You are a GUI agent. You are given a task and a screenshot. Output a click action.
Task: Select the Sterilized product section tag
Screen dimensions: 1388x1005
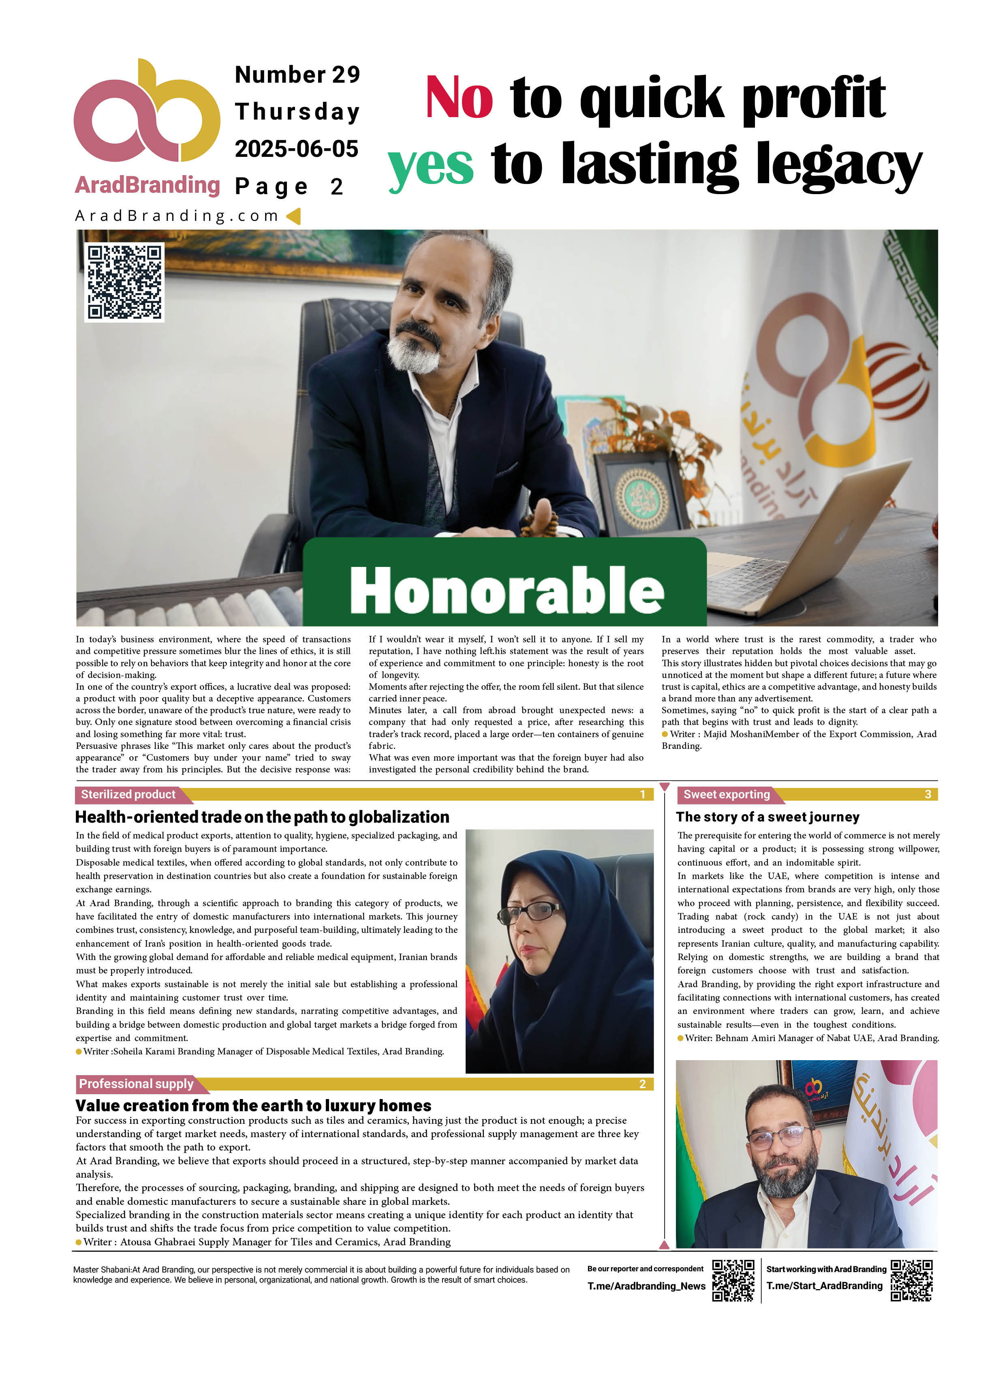128,794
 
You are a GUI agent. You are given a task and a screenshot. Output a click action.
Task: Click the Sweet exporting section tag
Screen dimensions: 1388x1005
727,794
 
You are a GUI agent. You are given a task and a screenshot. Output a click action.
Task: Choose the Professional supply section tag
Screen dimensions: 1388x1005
137,1084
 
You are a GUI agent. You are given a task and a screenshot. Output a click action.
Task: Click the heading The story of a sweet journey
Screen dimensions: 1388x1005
768,817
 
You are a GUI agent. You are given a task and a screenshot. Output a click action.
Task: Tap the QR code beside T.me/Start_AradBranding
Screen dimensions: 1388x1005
911,1280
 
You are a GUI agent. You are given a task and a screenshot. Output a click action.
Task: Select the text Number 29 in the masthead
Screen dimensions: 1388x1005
297,75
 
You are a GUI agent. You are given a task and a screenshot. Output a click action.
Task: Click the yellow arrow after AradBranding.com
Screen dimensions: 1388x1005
294,216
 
